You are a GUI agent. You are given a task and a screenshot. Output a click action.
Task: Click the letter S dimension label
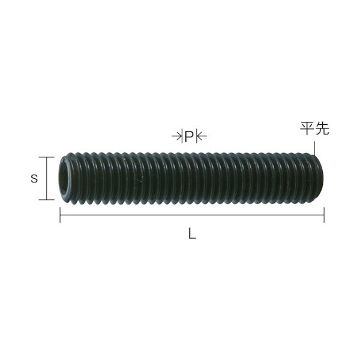35,178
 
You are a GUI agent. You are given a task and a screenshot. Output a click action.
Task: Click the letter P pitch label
188,137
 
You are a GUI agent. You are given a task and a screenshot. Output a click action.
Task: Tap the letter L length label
191,236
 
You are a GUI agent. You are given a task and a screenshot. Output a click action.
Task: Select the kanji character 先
322,129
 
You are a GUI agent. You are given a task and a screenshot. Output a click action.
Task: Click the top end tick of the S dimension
46,157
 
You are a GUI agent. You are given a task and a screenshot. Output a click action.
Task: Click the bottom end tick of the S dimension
46,200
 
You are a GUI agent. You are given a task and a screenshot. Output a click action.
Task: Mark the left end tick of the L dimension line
60,215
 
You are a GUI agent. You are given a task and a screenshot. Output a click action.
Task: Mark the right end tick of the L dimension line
324,215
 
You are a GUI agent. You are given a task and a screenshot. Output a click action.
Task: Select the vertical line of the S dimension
46,179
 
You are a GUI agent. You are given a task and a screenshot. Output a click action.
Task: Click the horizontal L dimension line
192,215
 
